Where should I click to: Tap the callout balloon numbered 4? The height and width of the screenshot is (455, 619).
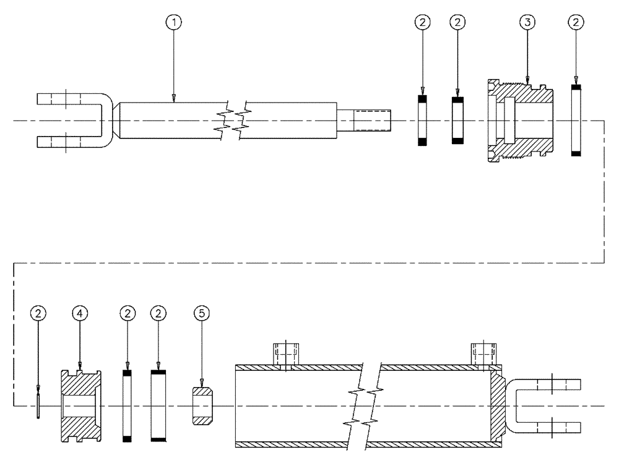coord(80,313)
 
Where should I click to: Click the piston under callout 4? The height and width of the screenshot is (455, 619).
coord(80,406)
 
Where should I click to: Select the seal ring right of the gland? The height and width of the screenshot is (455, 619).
coord(576,121)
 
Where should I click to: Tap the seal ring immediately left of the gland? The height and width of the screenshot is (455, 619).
coord(458,121)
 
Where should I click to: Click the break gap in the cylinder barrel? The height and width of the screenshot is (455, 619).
coord(365,406)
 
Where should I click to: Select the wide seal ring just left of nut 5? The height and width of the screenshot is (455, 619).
coord(159,406)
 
